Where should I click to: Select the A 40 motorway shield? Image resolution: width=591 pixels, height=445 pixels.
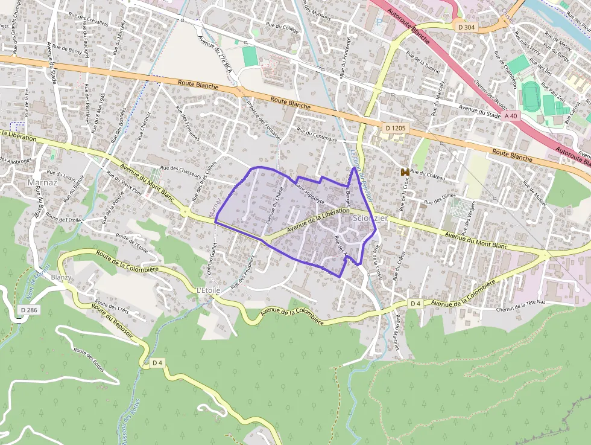pyautogui.click(x=511, y=115)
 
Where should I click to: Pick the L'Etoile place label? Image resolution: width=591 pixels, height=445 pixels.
pyautogui.click(x=208, y=290)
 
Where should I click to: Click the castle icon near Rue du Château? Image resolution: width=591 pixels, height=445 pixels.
pyautogui.click(x=405, y=172)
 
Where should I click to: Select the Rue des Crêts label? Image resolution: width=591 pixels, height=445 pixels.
pyautogui.click(x=112, y=307)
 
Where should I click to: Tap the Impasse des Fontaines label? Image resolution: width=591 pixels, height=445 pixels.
pyautogui.click(x=264, y=120)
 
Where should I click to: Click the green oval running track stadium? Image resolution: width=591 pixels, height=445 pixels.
pyautogui.click(x=531, y=97)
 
